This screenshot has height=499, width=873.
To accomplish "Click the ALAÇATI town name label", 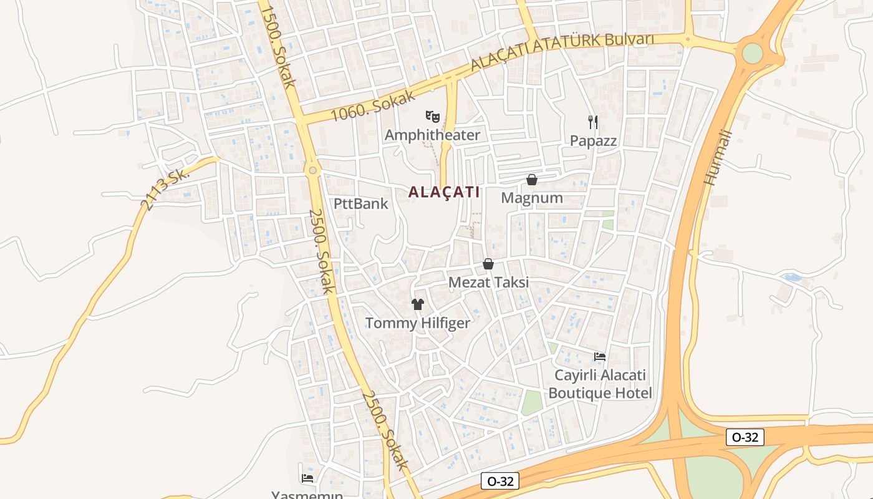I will [444, 192].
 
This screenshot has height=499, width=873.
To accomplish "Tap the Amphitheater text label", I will [432, 135].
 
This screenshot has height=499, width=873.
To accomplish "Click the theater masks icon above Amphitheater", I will [432, 116].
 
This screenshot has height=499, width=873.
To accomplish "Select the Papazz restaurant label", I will [593, 141].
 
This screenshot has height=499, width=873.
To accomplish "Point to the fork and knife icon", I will [593, 122].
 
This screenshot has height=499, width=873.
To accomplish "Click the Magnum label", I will [532, 198].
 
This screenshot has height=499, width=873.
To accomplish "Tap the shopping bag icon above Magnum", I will [532, 180].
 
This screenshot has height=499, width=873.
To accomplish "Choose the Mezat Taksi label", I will [488, 282].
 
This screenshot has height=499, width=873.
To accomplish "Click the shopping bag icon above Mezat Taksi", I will [488, 264].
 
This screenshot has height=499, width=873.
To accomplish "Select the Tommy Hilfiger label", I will [417, 323].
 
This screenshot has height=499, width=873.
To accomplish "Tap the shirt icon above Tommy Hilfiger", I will [417, 304].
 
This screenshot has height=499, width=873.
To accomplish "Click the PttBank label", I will [360, 203].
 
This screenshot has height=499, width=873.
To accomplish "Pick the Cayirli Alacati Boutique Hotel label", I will [600, 384].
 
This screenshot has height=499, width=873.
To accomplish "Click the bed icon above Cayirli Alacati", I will [600, 357].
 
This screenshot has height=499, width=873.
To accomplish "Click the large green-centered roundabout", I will [753, 54].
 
